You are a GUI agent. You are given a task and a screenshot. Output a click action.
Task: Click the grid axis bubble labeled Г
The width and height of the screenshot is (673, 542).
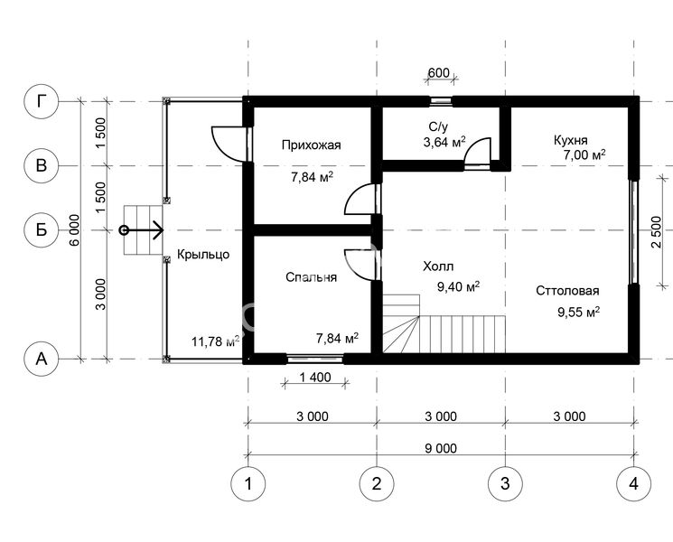click(42, 102)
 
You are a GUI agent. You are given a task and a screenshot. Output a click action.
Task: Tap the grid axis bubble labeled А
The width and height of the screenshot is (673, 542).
click(42, 359)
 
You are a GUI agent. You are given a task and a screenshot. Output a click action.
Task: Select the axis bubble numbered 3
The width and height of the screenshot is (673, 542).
click(505, 483)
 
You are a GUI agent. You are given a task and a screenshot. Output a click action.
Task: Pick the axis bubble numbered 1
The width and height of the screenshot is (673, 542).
click(248, 483)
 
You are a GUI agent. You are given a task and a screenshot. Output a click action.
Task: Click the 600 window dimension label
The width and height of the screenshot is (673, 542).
click(439, 73)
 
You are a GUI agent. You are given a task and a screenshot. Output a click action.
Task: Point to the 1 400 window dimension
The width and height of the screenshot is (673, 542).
click(315, 378)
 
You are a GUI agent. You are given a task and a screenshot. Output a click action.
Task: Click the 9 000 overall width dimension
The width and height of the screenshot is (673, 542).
click(441, 448)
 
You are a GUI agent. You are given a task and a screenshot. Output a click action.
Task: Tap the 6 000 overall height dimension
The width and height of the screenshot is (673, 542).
click(75, 230)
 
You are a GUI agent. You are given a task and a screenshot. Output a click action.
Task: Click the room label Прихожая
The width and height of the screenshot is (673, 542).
click(311, 145)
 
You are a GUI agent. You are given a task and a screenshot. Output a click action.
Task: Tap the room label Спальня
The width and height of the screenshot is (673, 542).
click(311, 277)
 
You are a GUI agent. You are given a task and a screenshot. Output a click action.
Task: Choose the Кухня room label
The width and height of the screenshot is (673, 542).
click(570, 140)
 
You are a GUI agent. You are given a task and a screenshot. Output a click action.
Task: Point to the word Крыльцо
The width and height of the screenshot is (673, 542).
click(203, 255)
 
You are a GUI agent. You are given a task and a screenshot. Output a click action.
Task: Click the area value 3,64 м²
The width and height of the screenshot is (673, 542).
click(444, 142)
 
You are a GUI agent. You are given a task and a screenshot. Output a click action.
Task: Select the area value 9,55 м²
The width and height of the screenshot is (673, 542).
click(578, 312)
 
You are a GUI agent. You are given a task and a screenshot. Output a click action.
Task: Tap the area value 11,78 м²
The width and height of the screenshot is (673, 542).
click(216, 341)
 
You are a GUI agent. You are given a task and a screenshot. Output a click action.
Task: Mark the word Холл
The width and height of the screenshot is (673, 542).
click(438, 266)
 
